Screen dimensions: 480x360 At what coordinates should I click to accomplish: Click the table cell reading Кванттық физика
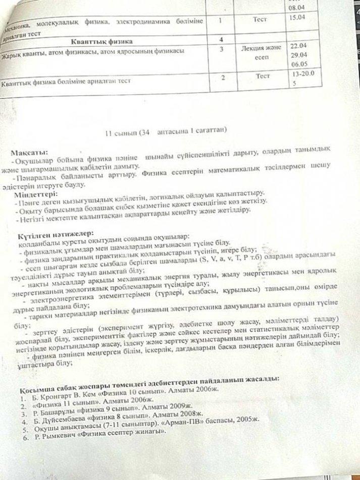109,40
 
